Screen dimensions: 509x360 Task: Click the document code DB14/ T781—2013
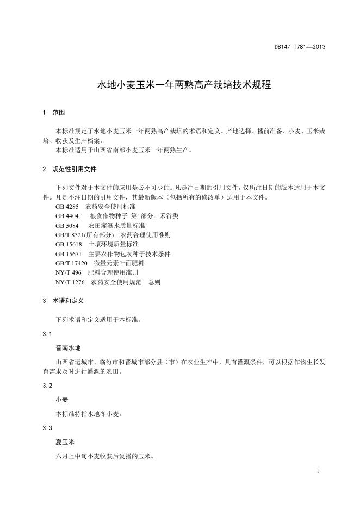tap(300, 47)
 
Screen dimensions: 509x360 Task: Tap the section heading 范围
tap(59, 113)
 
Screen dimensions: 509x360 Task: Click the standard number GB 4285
tap(67, 207)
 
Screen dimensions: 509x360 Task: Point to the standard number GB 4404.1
tap(69, 216)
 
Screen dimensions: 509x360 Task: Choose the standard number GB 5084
tap(67, 226)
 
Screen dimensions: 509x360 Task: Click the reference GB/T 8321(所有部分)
tap(85, 235)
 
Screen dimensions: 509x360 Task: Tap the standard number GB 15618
tap(69, 244)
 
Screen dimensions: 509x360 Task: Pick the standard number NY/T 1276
tap(70, 282)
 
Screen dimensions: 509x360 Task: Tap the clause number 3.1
tap(47, 333)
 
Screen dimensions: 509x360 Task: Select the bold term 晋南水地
tap(68, 347)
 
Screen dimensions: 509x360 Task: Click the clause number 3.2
tap(47, 386)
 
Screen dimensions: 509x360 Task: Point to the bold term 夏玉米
tap(65, 442)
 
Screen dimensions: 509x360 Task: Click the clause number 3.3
tap(47, 428)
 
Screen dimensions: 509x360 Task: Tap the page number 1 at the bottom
tap(317, 470)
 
